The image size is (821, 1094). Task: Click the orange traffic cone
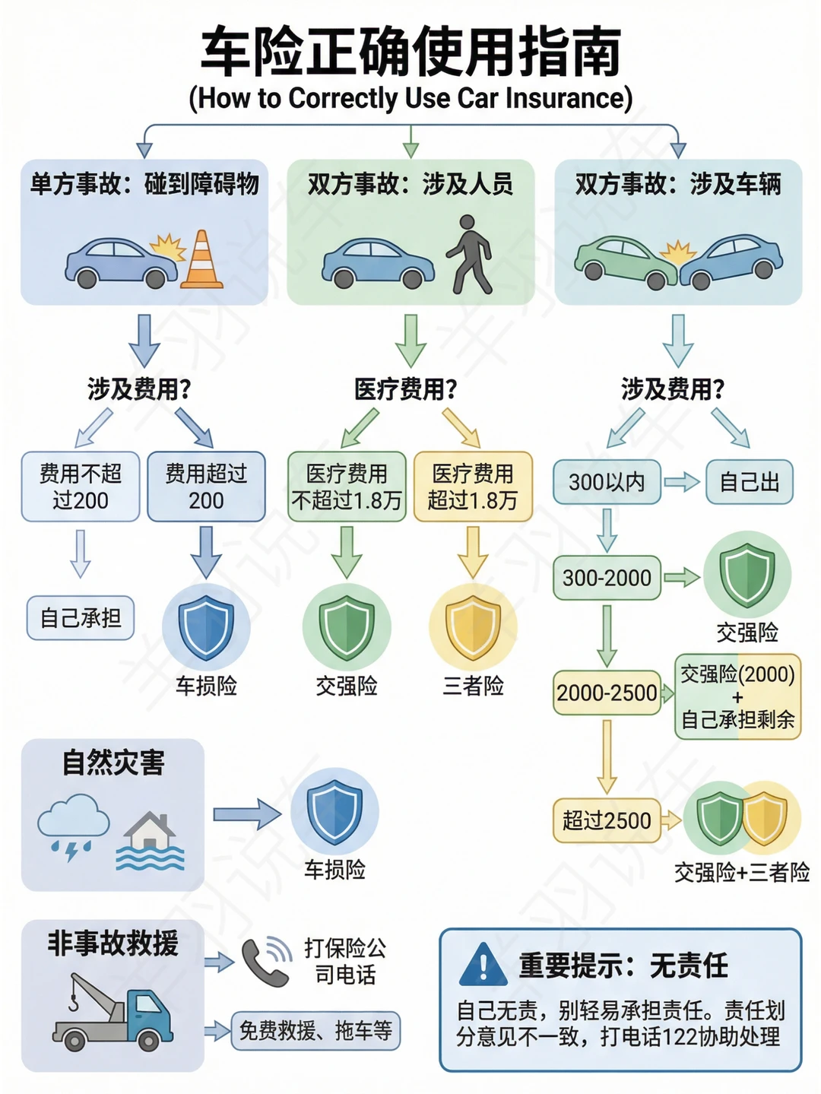click(201, 261)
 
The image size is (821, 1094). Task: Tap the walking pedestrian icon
click(470, 255)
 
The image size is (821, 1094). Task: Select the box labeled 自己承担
click(81, 618)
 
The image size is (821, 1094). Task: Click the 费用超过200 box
click(206, 487)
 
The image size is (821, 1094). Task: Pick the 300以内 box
click(607, 482)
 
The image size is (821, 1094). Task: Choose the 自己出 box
click(750, 482)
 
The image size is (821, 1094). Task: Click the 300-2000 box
click(607, 578)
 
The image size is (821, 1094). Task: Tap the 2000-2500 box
click(607, 693)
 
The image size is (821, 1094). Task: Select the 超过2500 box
click(607, 820)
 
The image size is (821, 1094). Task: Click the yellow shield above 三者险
click(473, 627)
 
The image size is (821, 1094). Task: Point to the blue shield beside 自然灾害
click(334, 812)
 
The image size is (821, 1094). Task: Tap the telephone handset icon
click(266, 962)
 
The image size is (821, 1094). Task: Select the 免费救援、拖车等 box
click(315, 1031)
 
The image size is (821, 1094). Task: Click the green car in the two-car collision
click(620, 259)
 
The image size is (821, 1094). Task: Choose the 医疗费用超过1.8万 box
click(473, 487)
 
